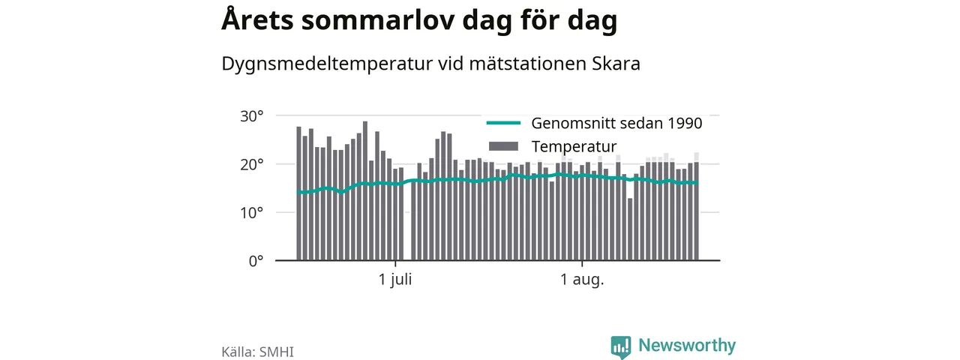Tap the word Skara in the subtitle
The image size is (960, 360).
[616, 64]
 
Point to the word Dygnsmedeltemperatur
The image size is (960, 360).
[327, 64]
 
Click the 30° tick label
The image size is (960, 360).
[251, 116]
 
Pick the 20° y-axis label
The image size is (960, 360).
[251, 164]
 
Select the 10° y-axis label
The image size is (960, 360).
[251, 212]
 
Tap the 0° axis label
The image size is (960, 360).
[256, 261]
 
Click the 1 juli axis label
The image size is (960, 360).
[395, 280]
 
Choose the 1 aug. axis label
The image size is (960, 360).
[582, 280]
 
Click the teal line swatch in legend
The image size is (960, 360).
[503, 123]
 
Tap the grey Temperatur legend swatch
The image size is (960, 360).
[503, 146]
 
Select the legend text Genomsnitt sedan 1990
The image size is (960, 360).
[616, 124]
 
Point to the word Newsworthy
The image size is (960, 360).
[687, 346]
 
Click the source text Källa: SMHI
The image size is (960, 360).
[257, 352]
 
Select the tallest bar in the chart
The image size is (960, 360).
[365, 190]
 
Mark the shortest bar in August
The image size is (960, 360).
[630, 229]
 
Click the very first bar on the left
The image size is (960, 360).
[298, 193]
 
